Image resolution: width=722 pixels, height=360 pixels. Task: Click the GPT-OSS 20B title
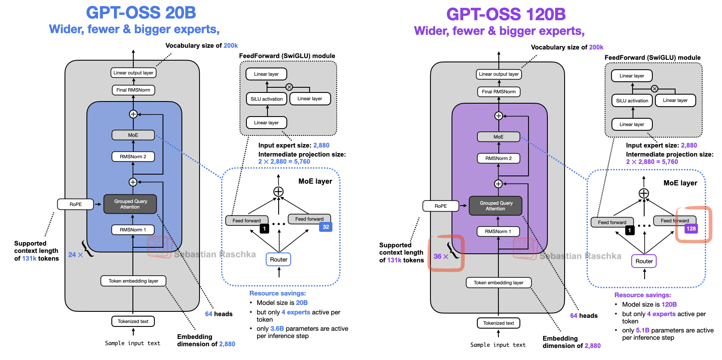coord(141,12)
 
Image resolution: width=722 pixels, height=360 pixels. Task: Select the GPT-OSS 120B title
coord(506,14)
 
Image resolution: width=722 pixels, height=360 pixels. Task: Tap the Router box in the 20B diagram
coord(279,259)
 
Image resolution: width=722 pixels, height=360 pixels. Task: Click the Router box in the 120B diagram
coord(644,261)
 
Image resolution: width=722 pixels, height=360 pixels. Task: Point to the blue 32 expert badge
coord(326,227)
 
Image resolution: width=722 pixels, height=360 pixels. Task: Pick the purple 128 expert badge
coord(691,228)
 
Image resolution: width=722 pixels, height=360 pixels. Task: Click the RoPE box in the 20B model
coord(75,204)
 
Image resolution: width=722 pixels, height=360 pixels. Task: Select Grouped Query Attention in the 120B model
coord(496,206)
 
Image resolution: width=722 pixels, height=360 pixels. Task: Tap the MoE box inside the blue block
coord(133,135)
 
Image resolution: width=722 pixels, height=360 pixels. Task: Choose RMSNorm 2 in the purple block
coord(498,158)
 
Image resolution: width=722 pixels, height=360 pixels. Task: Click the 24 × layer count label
coord(75,255)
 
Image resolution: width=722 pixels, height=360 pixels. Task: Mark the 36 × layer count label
coord(441,256)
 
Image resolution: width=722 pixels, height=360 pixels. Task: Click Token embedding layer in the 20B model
coord(133,281)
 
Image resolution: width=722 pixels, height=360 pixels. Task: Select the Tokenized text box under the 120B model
coord(498,323)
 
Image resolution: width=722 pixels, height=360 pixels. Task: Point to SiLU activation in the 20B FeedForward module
coord(267,99)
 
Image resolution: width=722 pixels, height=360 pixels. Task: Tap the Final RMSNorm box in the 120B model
coord(499,92)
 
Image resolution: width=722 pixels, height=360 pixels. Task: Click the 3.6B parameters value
coord(277,329)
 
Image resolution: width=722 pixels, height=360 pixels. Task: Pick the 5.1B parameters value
coord(642,330)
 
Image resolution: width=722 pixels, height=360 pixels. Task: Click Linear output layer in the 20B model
coord(133,73)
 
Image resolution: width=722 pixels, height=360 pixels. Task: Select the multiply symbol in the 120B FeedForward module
coord(654,89)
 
